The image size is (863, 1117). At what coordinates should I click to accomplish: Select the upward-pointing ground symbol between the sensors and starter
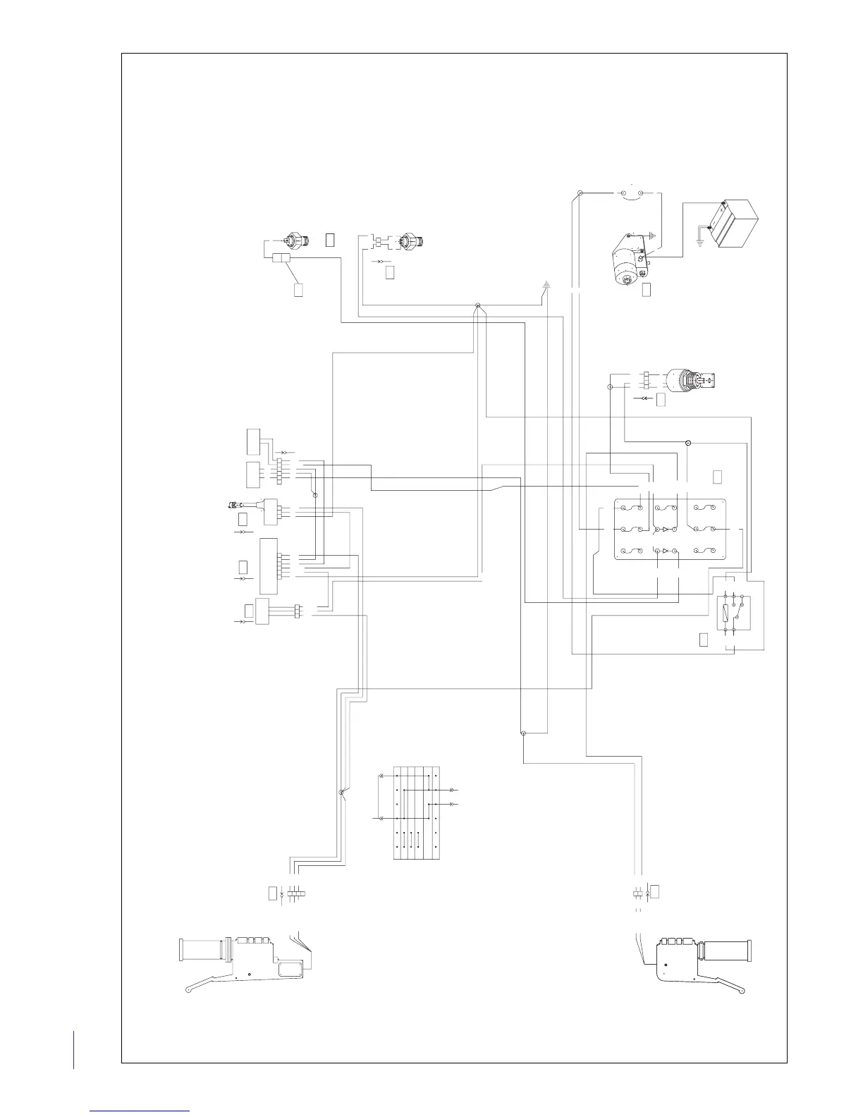tap(546, 286)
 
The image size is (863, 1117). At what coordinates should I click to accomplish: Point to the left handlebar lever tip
tap(188, 991)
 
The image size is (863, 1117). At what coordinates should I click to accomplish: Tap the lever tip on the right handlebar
tap(740, 991)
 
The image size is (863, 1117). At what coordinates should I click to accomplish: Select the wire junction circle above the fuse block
tap(689, 443)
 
